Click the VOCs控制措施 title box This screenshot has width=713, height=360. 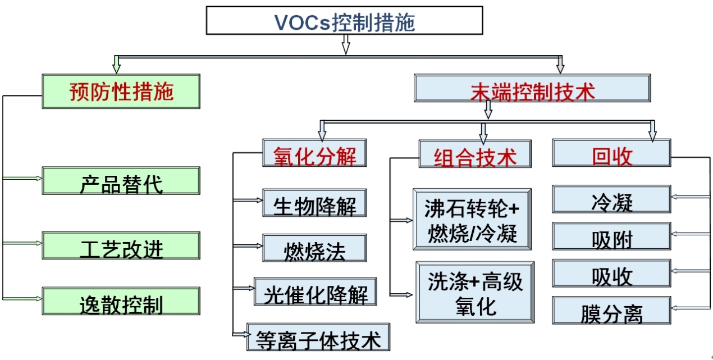point(344,21)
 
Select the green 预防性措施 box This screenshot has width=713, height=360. point(121,91)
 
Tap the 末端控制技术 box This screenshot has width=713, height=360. point(532,89)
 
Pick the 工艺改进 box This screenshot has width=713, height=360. point(121,245)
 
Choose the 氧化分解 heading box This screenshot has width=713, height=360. point(314,153)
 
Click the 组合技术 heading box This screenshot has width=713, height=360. point(475,154)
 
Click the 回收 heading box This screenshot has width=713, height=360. point(611,153)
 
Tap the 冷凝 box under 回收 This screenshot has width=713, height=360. point(611,199)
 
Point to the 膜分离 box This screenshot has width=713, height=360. point(611,311)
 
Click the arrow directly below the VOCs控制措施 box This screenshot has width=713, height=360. point(346,44)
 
